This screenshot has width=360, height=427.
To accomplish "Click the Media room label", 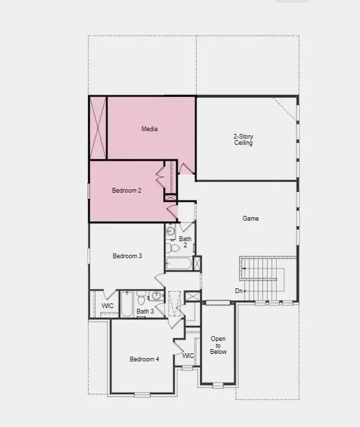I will [150, 128].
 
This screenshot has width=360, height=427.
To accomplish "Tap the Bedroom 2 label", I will [126, 191].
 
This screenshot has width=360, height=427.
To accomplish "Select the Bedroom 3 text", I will [127, 256].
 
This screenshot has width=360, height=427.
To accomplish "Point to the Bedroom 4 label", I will [144, 359].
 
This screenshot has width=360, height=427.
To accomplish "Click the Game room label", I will [251, 219].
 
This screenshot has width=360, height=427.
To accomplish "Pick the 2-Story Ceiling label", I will [243, 139].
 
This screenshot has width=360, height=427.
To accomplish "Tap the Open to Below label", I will [218, 345].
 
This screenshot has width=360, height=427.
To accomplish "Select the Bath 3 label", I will [144, 312].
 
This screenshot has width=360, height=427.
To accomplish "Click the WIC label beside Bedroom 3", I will [108, 305].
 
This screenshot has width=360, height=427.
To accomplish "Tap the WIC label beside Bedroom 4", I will [189, 355].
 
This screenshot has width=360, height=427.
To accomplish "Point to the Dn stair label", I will [238, 291].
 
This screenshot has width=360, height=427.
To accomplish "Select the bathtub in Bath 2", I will [179, 263].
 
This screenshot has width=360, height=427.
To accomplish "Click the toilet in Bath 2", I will [174, 248].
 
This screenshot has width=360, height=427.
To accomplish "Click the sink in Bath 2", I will [171, 232].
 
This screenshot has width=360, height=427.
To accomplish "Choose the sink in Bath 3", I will [156, 296].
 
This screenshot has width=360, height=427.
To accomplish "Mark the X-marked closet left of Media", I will [98, 128].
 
